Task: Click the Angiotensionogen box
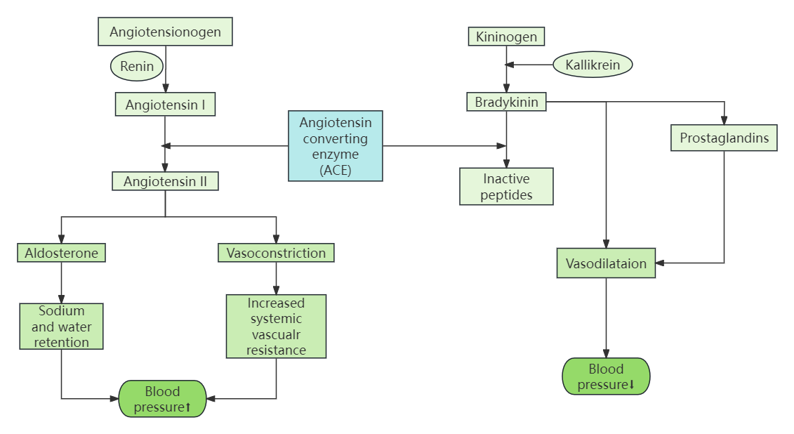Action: (166, 32)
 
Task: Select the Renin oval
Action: (137, 67)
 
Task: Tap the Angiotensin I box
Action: (165, 105)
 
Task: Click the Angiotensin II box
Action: (165, 181)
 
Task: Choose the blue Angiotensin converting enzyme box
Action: (336, 145)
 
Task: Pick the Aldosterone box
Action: (62, 253)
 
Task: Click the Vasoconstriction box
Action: (276, 253)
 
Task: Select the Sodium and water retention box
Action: (62, 327)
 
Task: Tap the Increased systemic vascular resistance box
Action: (276, 326)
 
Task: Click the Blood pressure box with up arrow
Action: (162, 399)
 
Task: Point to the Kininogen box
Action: (506, 37)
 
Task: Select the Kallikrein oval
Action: (593, 65)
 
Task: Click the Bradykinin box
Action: (506, 103)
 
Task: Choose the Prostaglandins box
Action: (724, 138)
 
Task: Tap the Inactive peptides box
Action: (506, 186)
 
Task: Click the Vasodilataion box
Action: (607, 263)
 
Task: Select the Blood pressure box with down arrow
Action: (607, 376)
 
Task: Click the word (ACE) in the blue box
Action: (336, 170)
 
